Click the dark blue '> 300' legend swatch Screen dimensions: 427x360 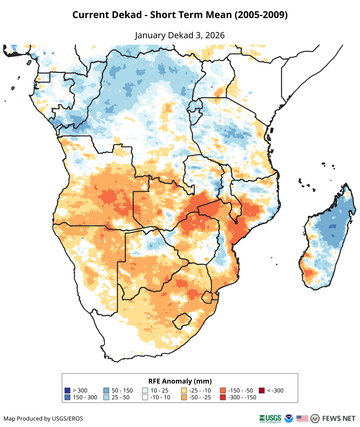click(67, 391)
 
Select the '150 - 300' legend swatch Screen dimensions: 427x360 click(67, 397)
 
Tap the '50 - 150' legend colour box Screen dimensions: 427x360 click(106, 391)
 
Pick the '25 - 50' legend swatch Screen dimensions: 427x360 click(106, 397)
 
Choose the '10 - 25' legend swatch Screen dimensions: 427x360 click(145, 391)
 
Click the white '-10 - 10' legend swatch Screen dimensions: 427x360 click(145, 397)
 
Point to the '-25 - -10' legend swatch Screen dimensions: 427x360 click(184, 391)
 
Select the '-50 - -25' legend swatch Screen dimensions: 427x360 click(184, 397)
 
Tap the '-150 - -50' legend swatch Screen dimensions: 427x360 click(223, 391)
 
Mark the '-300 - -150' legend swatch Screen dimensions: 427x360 click(223, 397)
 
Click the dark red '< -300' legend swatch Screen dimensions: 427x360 click(262, 391)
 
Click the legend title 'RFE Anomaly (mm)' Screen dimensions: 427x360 click(180, 381)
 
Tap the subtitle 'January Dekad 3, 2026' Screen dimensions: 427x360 click(180, 35)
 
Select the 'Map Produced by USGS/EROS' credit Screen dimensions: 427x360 click(43, 418)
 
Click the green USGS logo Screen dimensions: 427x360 click(271, 418)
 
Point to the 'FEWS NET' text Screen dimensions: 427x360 click(339, 418)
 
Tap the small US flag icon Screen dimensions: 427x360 click(302, 418)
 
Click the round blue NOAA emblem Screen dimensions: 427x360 click(289, 418)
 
